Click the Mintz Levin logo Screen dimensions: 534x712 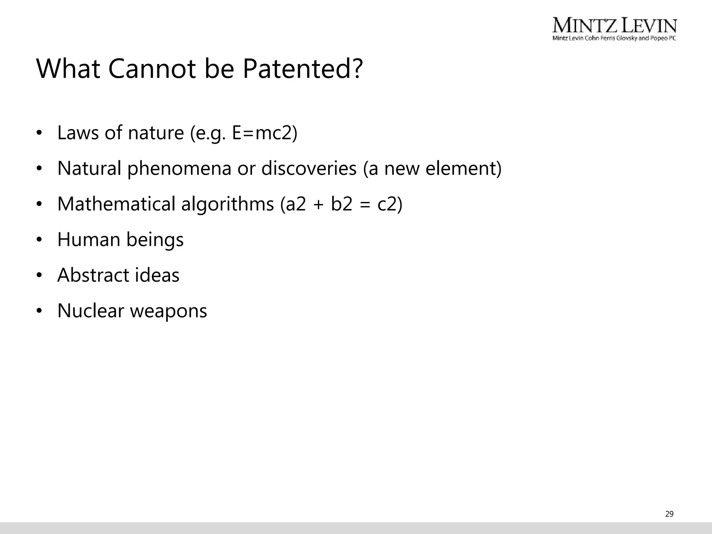[x=614, y=29]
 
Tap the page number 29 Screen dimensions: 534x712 [x=669, y=514]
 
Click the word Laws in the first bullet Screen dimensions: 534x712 [x=78, y=133]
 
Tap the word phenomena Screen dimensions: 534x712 [x=179, y=169]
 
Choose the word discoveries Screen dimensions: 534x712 [x=309, y=169]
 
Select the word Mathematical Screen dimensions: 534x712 [x=116, y=204]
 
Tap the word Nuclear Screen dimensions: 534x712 [x=90, y=311]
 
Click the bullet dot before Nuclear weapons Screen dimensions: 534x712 [x=39, y=311]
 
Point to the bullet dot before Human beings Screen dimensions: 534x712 [x=39, y=240]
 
